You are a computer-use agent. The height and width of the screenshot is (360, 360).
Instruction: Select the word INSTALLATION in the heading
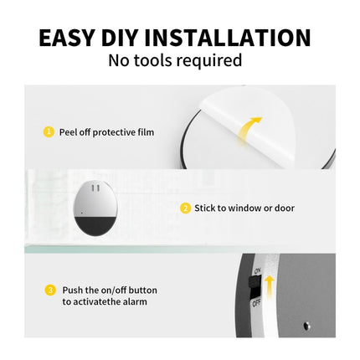tap(242, 38)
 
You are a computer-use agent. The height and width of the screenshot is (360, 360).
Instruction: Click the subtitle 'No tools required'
tap(175, 60)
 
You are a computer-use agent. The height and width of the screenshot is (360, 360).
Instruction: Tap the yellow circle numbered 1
tap(49, 132)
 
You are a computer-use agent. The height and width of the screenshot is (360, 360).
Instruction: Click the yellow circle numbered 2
tap(185, 208)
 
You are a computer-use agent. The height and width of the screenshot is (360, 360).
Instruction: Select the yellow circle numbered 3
tap(49, 291)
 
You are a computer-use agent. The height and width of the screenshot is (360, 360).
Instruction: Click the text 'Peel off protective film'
tap(106, 132)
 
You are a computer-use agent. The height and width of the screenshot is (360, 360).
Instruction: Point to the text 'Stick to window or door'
tap(244, 208)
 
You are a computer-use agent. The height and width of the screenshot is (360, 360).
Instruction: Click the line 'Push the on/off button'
tap(109, 291)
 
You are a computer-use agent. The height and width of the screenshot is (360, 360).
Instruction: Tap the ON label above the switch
tap(256, 271)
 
